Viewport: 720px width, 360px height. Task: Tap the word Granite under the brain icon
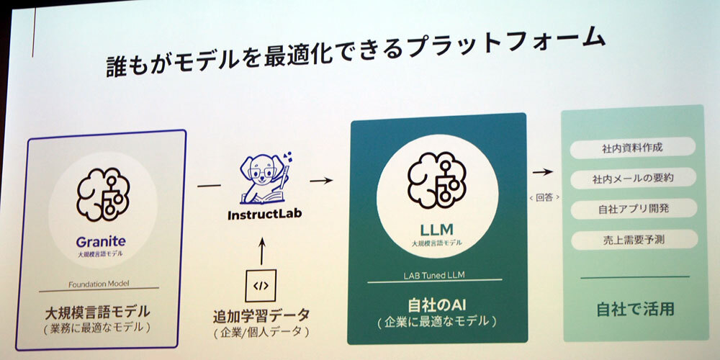click(x=101, y=242)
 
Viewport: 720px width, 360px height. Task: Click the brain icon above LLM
click(x=436, y=180)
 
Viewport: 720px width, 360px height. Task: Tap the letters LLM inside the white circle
click(x=436, y=229)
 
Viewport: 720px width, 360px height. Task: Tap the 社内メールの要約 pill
click(x=633, y=177)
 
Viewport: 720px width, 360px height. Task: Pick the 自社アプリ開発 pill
click(x=633, y=209)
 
